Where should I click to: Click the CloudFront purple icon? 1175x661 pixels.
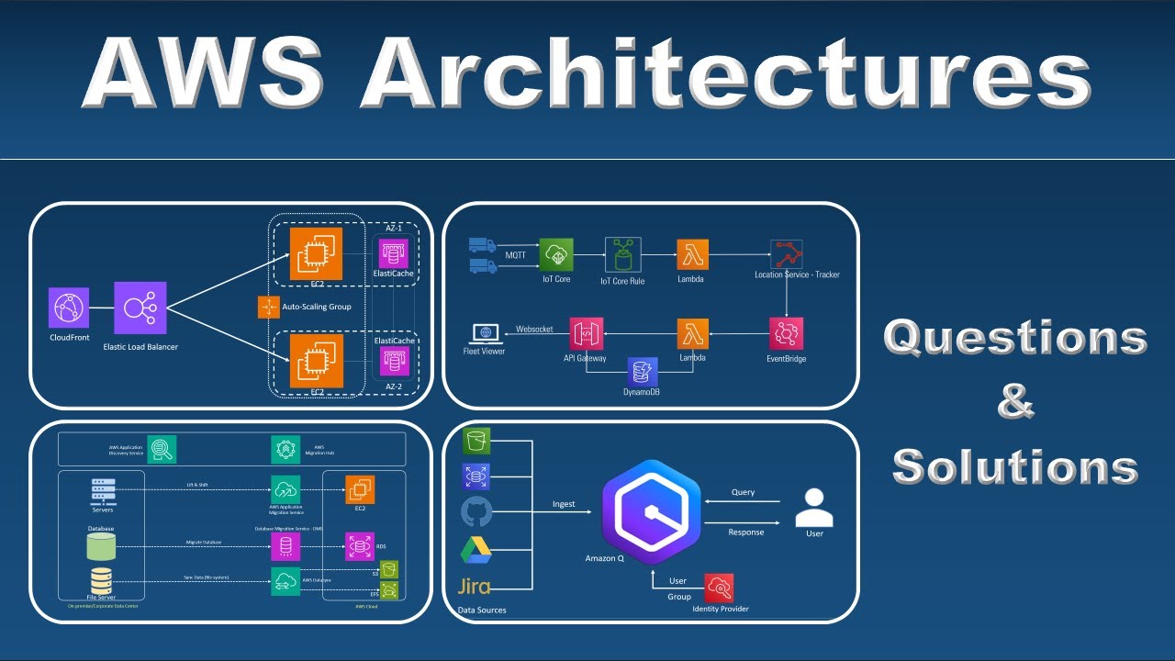coord(68,308)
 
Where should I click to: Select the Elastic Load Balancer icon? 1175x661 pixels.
coord(140,308)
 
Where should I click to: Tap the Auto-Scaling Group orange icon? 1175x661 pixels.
coord(268,307)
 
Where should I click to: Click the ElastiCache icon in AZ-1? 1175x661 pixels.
coord(394,253)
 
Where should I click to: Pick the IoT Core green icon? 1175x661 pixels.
coord(556,253)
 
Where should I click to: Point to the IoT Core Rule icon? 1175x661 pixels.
coord(622,254)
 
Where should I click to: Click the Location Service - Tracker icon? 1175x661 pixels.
coord(787,254)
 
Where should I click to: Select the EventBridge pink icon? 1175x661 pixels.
coord(787,333)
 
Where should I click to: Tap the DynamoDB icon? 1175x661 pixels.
coord(643,372)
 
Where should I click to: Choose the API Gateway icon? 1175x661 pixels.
coord(585,333)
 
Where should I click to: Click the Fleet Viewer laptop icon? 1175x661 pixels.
coord(484,333)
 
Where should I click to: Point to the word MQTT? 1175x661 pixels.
coord(515,254)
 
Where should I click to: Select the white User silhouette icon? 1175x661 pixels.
coord(813,507)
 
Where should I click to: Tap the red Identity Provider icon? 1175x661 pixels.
coord(719,588)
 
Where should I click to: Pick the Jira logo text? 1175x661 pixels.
coord(474,586)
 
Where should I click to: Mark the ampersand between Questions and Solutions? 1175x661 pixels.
coord(1015,403)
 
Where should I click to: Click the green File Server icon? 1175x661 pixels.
coord(100,580)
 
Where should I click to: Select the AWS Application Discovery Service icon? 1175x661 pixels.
coord(162,449)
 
